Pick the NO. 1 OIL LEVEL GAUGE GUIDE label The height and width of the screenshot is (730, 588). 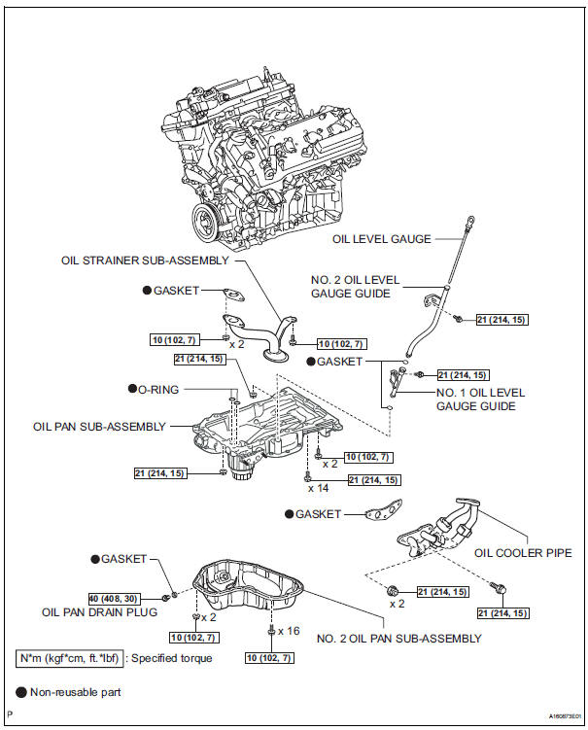(x=480, y=400)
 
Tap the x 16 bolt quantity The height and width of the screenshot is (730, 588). (x=287, y=631)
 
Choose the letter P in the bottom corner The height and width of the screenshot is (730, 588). (x=9, y=713)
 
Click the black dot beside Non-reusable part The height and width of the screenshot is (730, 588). (x=20, y=693)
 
